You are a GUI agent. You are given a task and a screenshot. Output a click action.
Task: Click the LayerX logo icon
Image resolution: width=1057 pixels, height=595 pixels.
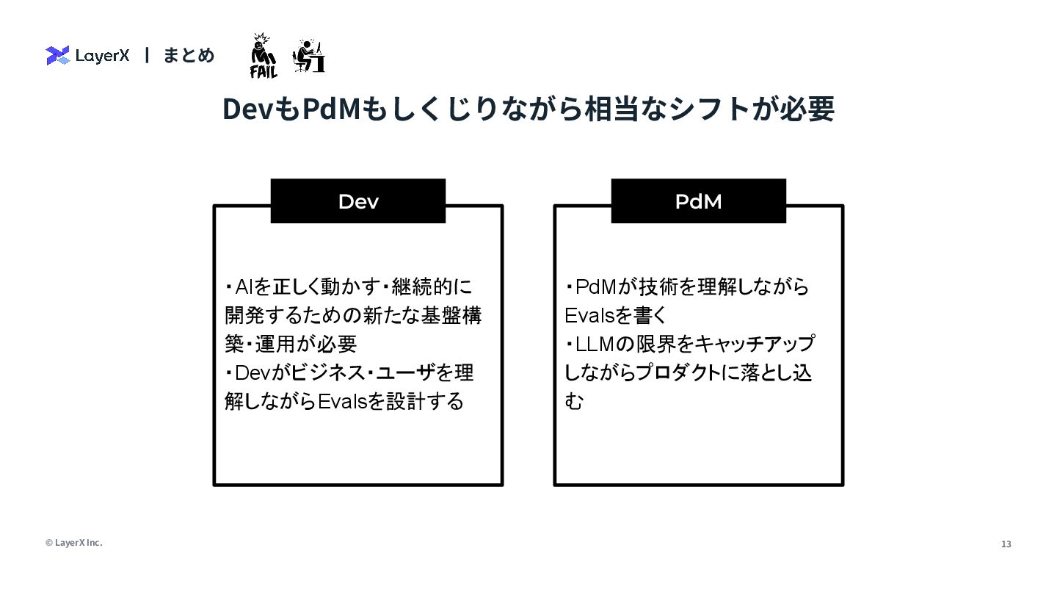tap(57, 55)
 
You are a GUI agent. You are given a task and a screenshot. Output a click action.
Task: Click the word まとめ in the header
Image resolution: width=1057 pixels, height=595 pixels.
tap(189, 55)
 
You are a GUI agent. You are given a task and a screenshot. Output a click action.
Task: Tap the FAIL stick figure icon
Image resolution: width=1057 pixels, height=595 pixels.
tap(263, 56)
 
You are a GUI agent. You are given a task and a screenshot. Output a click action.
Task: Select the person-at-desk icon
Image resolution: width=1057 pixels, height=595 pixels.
tap(309, 56)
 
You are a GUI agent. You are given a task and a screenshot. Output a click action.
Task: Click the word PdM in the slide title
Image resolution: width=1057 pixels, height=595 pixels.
tap(331, 109)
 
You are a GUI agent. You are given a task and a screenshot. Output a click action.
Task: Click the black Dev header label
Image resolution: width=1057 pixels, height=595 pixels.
tap(358, 201)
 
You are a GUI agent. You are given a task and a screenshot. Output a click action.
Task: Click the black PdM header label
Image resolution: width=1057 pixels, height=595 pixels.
tap(698, 201)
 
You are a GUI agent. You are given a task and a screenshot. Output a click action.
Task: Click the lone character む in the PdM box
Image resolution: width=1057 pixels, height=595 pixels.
tap(574, 402)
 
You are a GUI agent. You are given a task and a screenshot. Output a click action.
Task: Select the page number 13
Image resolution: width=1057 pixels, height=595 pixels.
tap(1006, 544)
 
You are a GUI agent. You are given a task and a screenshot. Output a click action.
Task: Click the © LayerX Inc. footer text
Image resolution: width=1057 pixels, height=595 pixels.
tap(74, 543)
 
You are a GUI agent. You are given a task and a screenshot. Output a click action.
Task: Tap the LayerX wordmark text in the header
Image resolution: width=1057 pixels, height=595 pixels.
tap(102, 55)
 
